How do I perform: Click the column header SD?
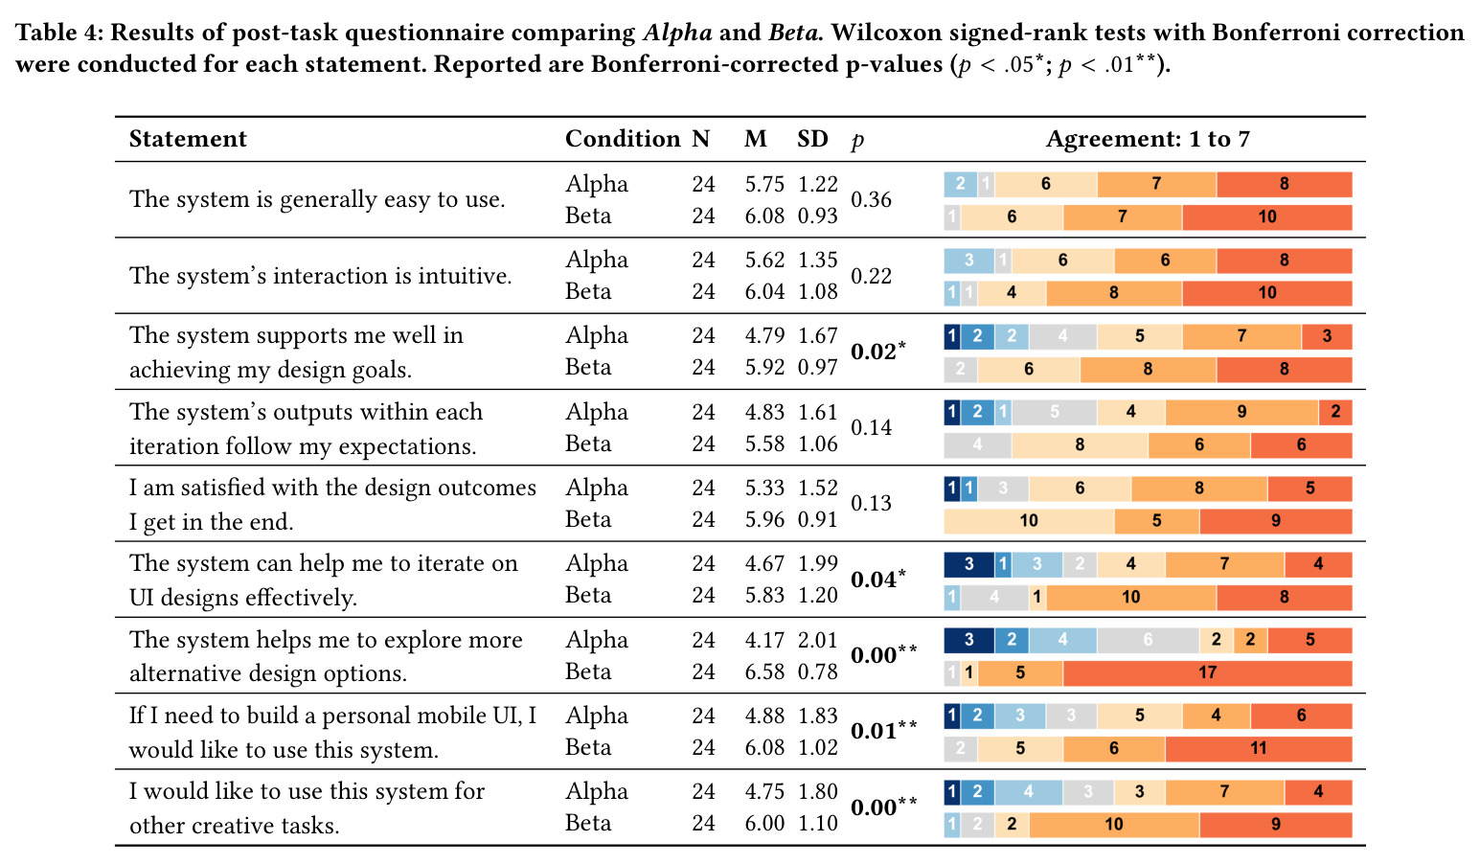tap(812, 139)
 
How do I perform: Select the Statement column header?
tap(188, 139)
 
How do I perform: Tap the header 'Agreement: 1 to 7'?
tap(1148, 139)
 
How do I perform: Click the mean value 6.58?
tap(764, 671)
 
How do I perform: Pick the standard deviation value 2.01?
tap(817, 640)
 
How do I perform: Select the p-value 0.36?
tap(871, 199)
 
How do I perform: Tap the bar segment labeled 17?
tap(1207, 672)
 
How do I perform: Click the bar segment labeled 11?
tap(1258, 748)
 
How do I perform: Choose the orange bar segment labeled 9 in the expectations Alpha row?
tap(1241, 412)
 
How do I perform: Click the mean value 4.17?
tap(764, 640)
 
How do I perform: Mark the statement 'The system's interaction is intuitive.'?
tap(321, 276)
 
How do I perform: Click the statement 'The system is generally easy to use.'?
tap(317, 199)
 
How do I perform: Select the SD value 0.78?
tap(817, 671)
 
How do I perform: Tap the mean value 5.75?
tap(764, 184)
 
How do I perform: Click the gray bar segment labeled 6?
tap(1148, 640)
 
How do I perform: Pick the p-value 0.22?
tap(871, 276)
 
